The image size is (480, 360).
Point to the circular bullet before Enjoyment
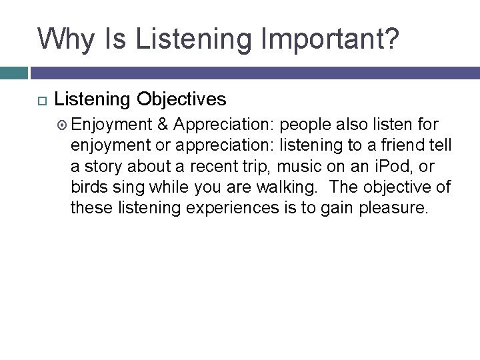tap(62, 124)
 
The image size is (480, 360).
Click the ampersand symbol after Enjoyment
tap(163, 124)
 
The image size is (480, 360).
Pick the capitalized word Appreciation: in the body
tap(224, 124)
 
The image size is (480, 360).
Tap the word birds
tap(89, 186)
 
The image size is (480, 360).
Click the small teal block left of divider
tap(13, 73)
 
